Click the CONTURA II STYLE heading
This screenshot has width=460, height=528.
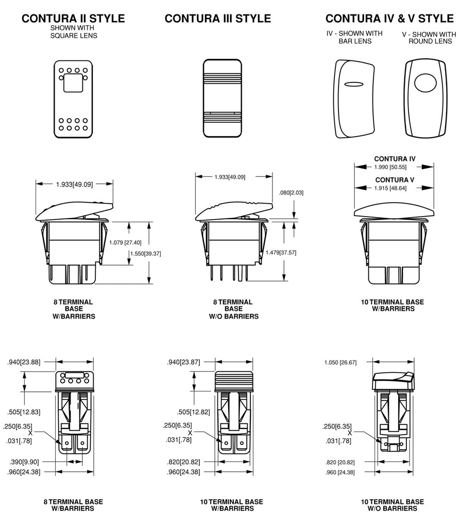[73, 19]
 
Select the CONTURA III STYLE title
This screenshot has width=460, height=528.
[217, 19]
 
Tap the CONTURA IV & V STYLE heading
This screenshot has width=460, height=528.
[389, 19]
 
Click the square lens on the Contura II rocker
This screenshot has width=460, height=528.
[73, 82]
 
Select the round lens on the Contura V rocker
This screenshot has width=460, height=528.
[424, 83]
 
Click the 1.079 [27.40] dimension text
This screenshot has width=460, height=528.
[125, 242]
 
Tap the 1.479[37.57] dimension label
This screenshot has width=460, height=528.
[280, 252]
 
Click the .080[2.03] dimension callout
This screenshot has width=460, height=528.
[291, 192]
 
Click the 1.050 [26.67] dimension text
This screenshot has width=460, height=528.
[340, 362]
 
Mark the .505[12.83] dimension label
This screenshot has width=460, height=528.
[24, 412]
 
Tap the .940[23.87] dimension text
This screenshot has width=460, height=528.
[184, 362]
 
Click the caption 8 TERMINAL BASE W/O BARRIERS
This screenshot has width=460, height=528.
[233, 309]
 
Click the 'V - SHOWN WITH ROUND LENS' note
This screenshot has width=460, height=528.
[429, 38]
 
